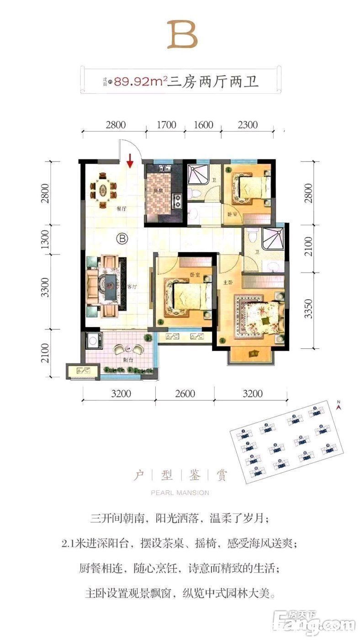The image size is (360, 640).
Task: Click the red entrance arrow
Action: coord(130,161)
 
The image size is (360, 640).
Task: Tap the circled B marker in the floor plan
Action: coord(122,238)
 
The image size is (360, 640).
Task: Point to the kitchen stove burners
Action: coord(176,199)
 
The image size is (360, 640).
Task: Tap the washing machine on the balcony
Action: coord(94,341)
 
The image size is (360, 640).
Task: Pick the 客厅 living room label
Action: coord(132,287)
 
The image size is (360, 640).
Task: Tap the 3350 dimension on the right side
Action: coord(310,309)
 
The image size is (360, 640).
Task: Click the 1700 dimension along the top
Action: coord(166,125)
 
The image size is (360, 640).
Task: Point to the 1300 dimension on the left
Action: coord(44,240)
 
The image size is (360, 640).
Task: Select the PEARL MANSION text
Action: coord(180,493)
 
